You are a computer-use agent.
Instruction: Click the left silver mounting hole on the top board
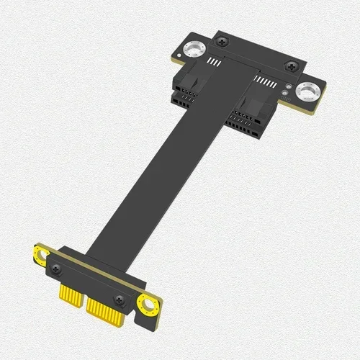pyautogui.click(x=193, y=50)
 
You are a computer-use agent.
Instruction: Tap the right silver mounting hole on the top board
pyautogui.click(x=309, y=91)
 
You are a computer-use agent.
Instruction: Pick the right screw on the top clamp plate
pyautogui.click(x=291, y=66)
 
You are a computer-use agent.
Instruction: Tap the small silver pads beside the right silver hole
pyautogui.click(x=289, y=90)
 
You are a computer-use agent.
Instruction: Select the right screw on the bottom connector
pyautogui.click(x=120, y=300)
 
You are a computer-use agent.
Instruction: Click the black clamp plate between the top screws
pyautogui.click(x=256, y=54)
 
